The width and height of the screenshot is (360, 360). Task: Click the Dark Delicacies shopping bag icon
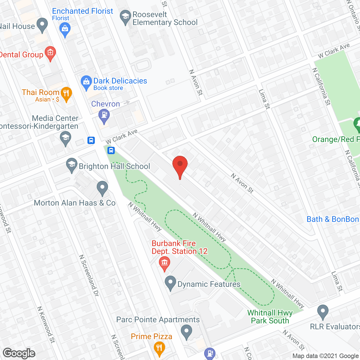86,82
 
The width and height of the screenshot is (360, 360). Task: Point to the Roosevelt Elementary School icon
125,17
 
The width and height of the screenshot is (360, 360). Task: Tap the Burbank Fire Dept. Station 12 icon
165,263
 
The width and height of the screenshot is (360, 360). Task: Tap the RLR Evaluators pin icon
323,312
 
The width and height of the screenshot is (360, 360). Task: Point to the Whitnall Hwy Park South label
270,317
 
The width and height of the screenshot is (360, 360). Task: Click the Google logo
19,353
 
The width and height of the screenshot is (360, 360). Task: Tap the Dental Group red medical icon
50,53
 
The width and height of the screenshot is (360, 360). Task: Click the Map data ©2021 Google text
326,356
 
